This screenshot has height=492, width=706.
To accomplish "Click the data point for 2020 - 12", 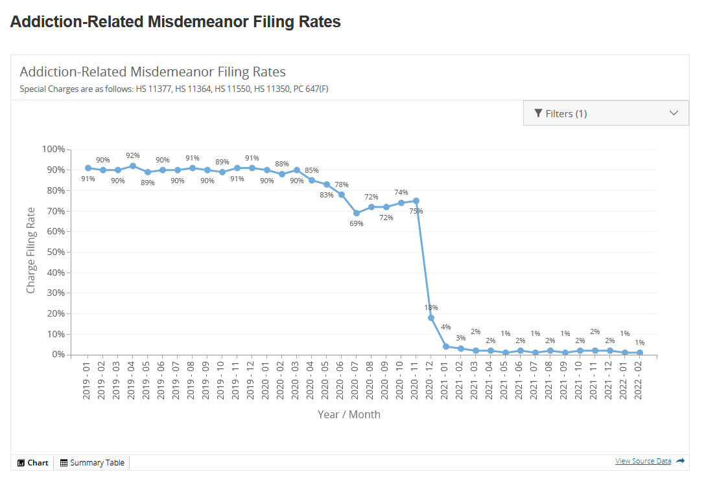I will (x=431, y=318).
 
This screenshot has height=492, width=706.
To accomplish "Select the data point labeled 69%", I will (x=357, y=213).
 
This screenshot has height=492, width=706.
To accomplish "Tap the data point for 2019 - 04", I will (x=133, y=166).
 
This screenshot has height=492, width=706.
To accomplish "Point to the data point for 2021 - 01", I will (x=446, y=346).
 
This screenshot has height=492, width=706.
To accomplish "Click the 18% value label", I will (x=431, y=307).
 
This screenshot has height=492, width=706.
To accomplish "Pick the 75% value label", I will (x=416, y=211).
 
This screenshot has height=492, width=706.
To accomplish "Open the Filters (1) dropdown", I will (x=606, y=113).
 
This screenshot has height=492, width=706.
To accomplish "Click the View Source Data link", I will (x=643, y=461).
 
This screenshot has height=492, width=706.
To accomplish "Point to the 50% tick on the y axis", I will (x=54, y=252).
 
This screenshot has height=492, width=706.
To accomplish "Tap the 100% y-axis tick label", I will (x=53, y=149).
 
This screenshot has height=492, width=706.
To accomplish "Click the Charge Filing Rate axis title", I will (x=30, y=251).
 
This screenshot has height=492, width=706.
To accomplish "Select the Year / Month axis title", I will (x=349, y=414).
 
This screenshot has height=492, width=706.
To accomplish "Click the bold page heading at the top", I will (x=176, y=21).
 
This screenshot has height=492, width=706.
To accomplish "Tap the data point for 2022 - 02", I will (x=640, y=353).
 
